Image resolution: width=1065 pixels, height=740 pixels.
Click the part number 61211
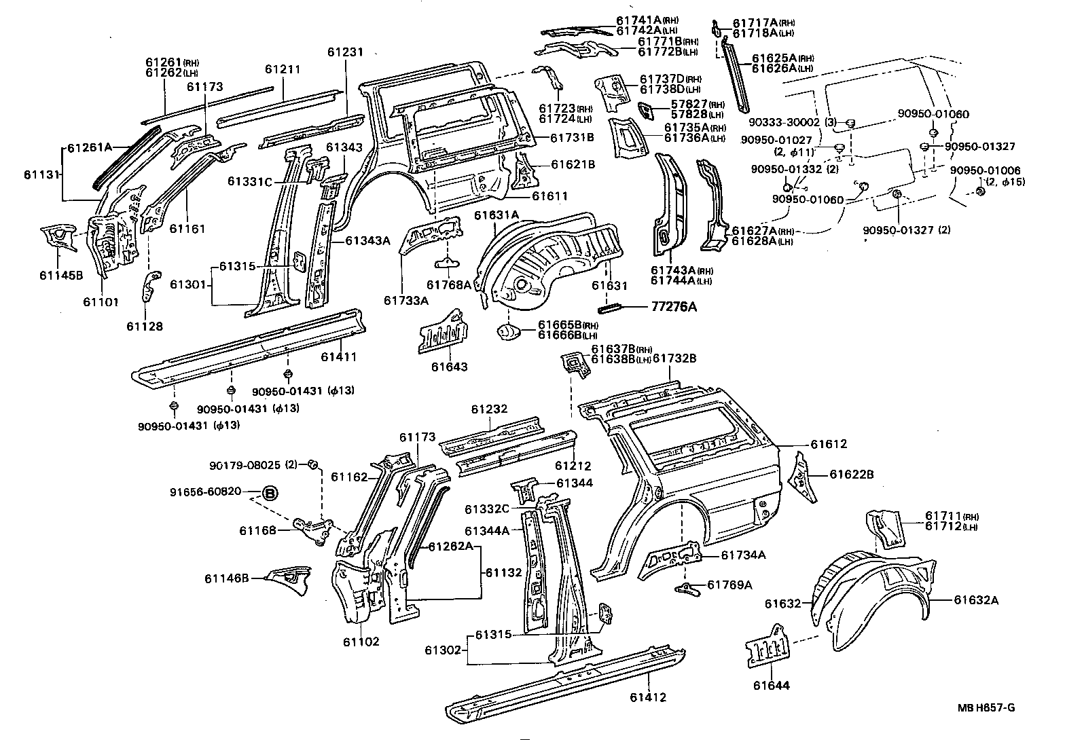(283, 69)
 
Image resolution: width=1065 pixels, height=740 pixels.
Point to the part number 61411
(339, 356)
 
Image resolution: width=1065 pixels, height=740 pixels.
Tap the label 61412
(647, 697)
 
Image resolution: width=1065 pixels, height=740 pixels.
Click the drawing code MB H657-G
(986, 708)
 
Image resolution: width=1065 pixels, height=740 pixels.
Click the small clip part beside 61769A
(688, 588)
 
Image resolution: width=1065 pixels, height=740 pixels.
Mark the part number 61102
(361, 642)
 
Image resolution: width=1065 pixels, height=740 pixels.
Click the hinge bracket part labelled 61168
(313, 529)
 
